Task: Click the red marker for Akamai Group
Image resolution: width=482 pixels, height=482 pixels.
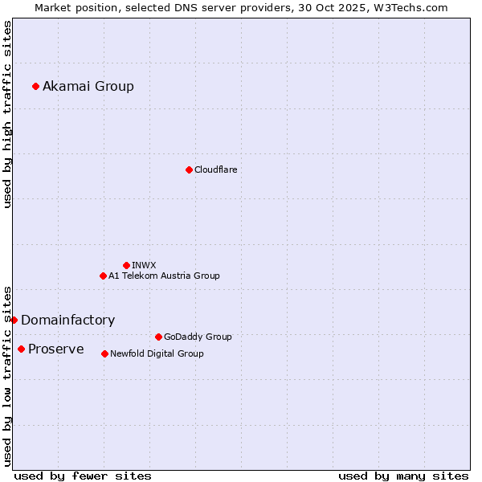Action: click(35, 86)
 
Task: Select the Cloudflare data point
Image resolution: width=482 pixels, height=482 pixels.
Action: click(189, 170)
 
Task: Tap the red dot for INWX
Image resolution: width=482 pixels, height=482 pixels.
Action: click(126, 265)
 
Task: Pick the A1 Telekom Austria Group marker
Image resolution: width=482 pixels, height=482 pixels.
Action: click(103, 276)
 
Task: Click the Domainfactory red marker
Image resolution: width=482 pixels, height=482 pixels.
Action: click(14, 320)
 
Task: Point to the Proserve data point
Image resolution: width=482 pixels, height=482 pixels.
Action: click(21, 349)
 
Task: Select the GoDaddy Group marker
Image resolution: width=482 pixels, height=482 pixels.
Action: click(158, 337)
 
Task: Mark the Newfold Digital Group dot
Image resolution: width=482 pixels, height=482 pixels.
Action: click(104, 353)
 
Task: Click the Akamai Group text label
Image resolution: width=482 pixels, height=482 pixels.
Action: click(88, 86)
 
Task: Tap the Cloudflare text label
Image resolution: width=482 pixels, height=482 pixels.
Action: click(216, 170)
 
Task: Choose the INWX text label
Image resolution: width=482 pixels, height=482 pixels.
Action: click(144, 265)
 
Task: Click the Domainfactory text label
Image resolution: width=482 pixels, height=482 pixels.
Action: click(68, 320)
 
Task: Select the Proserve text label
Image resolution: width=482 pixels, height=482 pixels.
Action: click(56, 349)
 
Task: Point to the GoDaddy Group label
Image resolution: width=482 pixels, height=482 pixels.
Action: click(198, 337)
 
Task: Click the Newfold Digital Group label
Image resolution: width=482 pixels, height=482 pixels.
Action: click(157, 353)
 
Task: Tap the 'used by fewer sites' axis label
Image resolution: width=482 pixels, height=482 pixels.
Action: click(83, 476)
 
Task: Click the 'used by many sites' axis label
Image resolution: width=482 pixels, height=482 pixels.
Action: click(403, 476)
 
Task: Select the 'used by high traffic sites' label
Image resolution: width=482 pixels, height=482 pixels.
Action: click(7, 114)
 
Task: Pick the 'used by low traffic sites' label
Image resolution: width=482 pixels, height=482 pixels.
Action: click(7, 375)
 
